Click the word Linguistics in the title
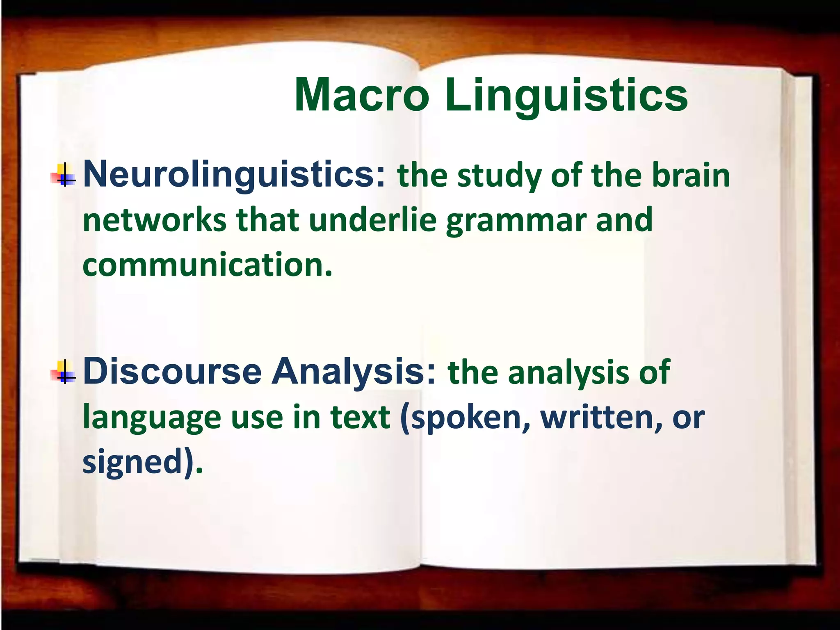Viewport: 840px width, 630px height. point(566,96)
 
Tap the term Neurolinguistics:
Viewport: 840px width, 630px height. point(234,175)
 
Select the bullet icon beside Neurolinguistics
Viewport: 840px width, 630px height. point(64,176)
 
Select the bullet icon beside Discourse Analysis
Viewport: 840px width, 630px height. point(64,372)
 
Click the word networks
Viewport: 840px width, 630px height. point(154,220)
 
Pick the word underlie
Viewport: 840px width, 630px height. point(372,220)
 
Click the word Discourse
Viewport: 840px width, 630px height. point(172,371)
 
